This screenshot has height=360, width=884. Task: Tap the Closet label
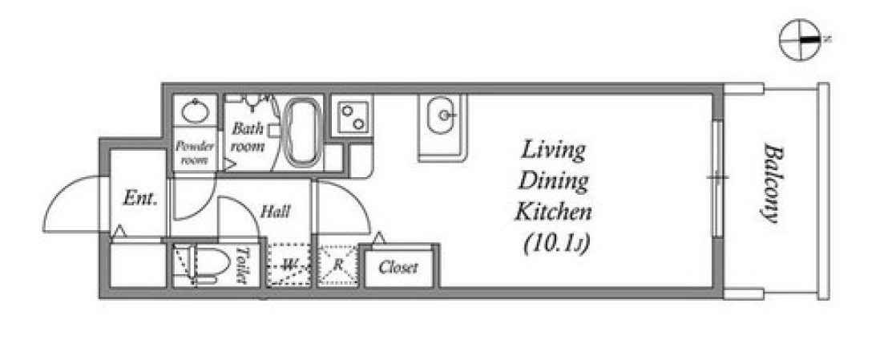pos(398,267)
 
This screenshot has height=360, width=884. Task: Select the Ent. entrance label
pos(139,199)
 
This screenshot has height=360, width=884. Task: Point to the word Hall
pos(275,212)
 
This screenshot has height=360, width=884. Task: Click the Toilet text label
pos(242,265)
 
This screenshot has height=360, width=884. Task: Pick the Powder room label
pos(195,153)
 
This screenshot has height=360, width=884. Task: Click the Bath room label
pos(248,138)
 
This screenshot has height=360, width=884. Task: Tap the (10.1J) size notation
pos(556,244)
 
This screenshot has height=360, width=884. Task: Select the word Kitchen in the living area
pos(554,212)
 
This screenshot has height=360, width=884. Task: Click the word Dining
pos(553,182)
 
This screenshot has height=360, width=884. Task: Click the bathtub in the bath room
pos(303,134)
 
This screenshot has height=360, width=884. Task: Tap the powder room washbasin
pos(195,111)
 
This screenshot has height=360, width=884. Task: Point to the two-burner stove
pos(350,115)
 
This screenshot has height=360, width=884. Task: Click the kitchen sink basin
pos(442,115)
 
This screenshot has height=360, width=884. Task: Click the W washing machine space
pos(289,265)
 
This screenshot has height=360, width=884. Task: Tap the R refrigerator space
pos(338,265)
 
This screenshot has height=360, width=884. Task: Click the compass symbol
pos(800,39)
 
